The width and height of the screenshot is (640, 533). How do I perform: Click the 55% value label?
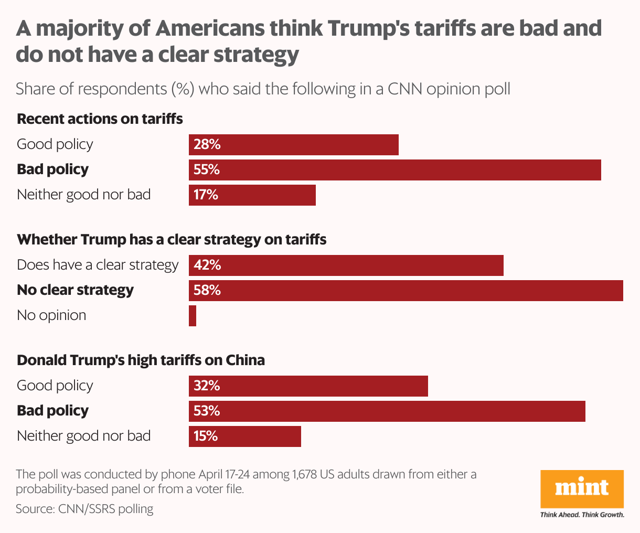click(207, 169)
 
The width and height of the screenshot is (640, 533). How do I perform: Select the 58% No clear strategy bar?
click(406, 290)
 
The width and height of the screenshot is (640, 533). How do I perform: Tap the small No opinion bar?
click(193, 315)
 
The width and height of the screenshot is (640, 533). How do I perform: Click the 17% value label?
click(206, 195)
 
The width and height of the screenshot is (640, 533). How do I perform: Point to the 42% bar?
click(346, 265)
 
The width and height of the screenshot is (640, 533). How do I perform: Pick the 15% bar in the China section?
click(245, 436)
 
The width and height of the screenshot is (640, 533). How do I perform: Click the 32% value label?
click(207, 386)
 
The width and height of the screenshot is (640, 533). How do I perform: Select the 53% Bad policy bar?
click(387, 411)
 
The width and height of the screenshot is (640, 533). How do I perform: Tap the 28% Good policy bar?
click(294, 144)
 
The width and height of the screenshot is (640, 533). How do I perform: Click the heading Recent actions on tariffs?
click(100, 119)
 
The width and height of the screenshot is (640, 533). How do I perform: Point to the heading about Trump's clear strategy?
click(172, 240)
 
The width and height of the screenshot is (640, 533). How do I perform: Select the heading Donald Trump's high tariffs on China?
click(141, 360)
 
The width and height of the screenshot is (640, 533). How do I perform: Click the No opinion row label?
click(51, 315)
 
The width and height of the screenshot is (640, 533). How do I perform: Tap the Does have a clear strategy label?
click(98, 265)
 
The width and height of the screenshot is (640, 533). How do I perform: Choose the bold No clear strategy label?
click(75, 290)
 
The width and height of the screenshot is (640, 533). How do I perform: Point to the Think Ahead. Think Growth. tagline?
click(582, 515)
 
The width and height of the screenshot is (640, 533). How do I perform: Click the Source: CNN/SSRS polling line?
click(84, 508)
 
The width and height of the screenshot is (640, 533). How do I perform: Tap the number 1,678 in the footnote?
click(305, 474)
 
